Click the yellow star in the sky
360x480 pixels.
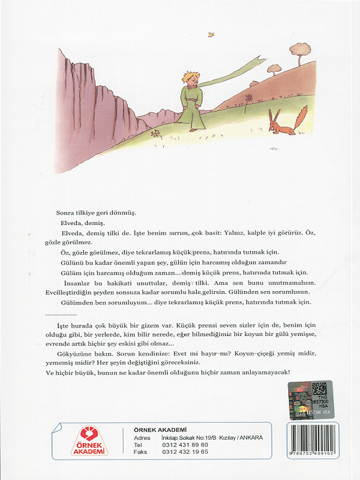pos(211,34)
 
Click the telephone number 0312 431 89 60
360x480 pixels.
pos(186,445)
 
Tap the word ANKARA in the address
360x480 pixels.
pos(250,438)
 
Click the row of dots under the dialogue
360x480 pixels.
pos(61,313)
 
